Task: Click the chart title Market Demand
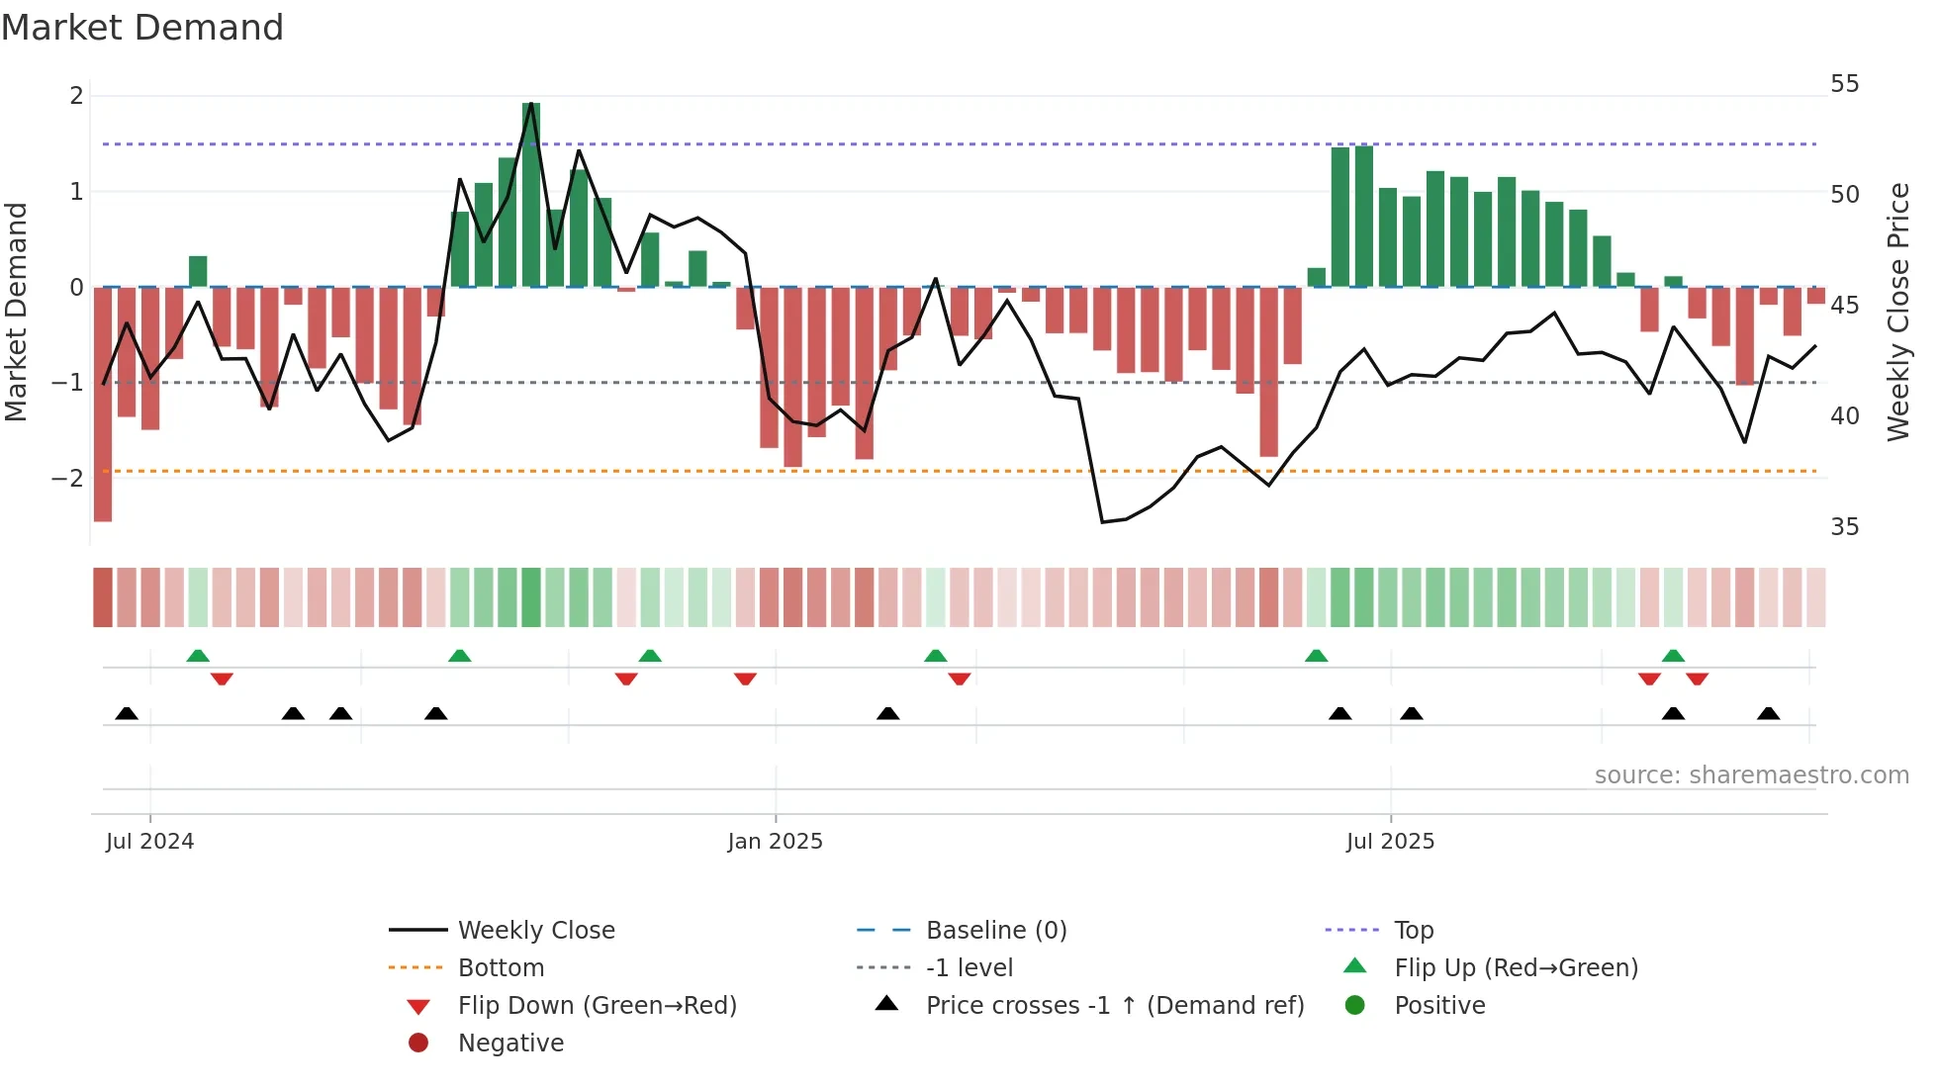click(142, 28)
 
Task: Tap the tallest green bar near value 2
click(531, 195)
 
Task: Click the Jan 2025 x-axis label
click(775, 842)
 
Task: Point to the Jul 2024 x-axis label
click(149, 842)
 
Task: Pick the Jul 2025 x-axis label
click(1390, 842)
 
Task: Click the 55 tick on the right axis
click(1844, 84)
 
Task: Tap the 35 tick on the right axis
click(1844, 527)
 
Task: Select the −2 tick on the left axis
click(68, 479)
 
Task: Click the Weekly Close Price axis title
click(1897, 312)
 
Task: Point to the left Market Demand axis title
click(16, 312)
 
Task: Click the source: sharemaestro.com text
click(1751, 775)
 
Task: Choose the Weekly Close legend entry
click(535, 931)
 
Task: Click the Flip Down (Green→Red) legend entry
click(597, 1006)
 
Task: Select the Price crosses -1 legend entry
click(1114, 1006)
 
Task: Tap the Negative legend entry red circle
click(418, 1044)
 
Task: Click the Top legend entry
click(1413, 931)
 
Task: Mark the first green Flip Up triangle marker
click(198, 656)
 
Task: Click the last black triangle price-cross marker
click(1769, 714)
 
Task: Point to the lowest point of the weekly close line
click(1103, 521)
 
